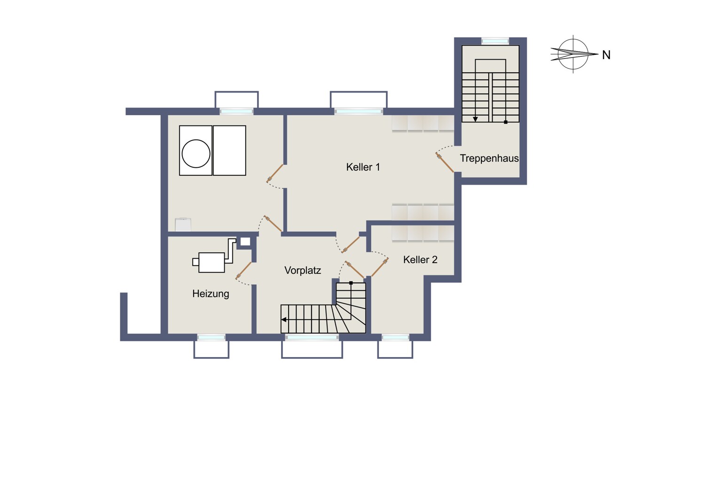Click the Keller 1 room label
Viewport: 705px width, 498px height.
[x=363, y=167]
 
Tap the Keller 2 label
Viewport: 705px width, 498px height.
[x=420, y=259]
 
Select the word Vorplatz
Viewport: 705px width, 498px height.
[x=303, y=270]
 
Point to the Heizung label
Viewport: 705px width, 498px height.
[x=211, y=294]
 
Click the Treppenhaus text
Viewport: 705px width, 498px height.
[x=489, y=158]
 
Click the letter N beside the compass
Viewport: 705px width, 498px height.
[x=606, y=55]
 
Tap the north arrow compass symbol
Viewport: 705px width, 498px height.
[x=573, y=54]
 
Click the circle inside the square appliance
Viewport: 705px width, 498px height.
[x=196, y=154]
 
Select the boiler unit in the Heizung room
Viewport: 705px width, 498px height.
[x=211, y=262]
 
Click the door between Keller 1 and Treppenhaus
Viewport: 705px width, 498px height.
[x=445, y=163]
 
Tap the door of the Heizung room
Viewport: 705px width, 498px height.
[x=243, y=271]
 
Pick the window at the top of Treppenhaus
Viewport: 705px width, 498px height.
[x=495, y=41]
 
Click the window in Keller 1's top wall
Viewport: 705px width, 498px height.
[x=359, y=111]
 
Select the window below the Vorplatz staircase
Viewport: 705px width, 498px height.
[x=312, y=337]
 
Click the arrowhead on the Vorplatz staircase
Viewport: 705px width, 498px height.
[x=283, y=319]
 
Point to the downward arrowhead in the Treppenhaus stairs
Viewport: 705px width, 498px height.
[x=475, y=119]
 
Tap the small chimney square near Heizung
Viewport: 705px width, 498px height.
[x=245, y=241]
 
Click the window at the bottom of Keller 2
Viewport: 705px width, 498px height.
[x=395, y=337]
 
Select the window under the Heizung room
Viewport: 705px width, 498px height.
[x=211, y=337]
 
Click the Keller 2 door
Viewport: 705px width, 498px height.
[x=380, y=267]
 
